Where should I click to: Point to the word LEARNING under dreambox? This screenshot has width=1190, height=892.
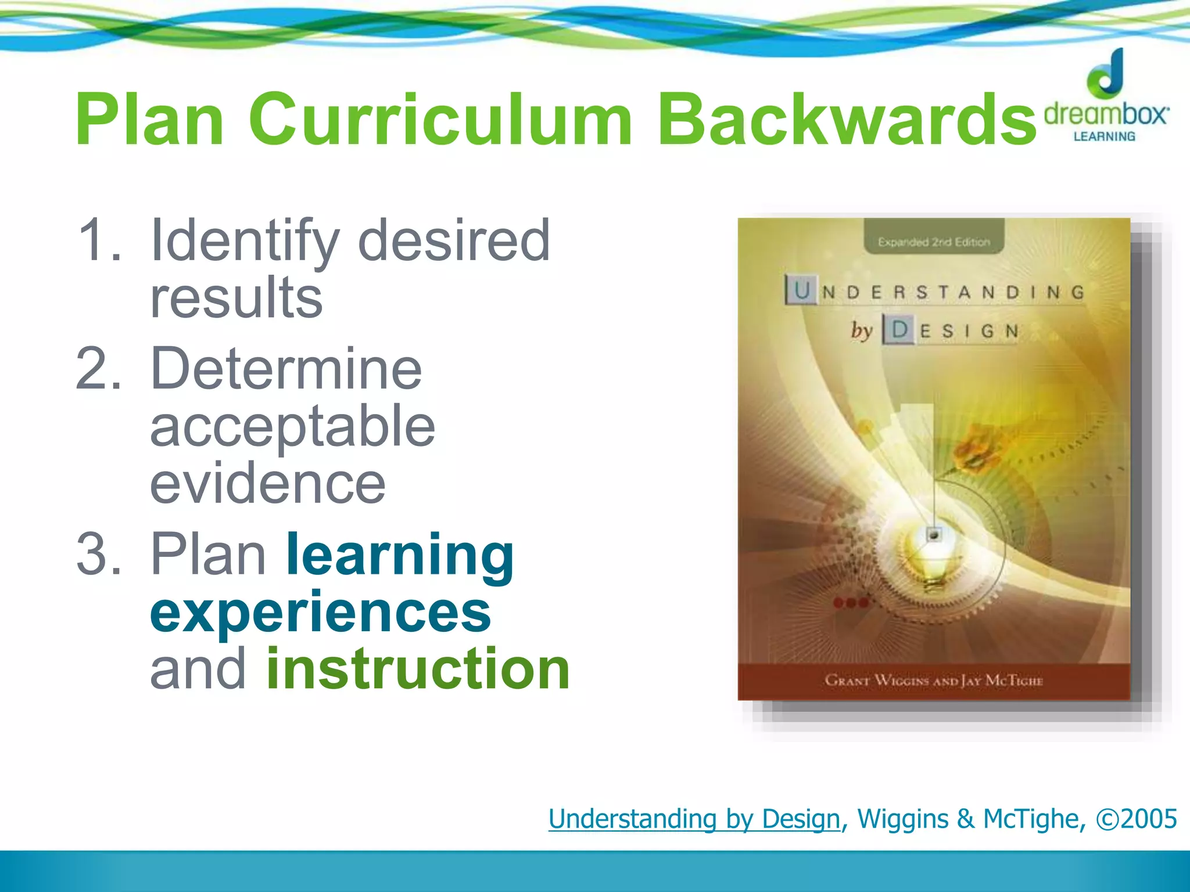point(1104,136)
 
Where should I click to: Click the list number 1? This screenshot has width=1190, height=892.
point(99,240)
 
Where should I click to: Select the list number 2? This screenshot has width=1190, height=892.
point(99,369)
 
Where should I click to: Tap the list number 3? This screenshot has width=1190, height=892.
point(99,555)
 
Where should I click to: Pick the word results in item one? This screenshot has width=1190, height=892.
point(236,297)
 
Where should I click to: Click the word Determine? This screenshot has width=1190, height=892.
point(286,369)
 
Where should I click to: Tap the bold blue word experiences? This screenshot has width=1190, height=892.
point(320,613)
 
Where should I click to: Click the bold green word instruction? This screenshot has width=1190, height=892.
point(418,669)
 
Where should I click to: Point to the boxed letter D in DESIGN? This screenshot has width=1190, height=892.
point(899,330)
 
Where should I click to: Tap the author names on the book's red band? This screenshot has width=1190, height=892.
point(934,680)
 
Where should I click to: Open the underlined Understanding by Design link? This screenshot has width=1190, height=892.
point(694,819)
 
